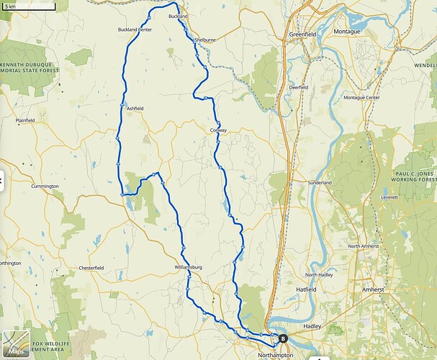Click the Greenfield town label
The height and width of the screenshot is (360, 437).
[x=302, y=34]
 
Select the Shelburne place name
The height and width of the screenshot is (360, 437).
[x=205, y=40]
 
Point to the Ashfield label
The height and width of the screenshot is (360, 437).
[x=135, y=108]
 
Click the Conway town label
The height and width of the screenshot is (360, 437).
[x=218, y=130]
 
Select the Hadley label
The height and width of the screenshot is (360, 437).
[x=312, y=325]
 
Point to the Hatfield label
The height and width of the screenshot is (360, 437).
[x=306, y=289]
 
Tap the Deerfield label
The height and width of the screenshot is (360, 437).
[x=299, y=87]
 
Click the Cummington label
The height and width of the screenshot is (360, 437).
[x=45, y=186]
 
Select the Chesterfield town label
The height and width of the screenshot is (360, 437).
[x=91, y=268]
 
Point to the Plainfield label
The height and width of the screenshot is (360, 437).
[x=24, y=120]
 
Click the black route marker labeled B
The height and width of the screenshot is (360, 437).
[x=283, y=338]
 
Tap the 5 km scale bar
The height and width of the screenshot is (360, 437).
[x=27, y=7]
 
